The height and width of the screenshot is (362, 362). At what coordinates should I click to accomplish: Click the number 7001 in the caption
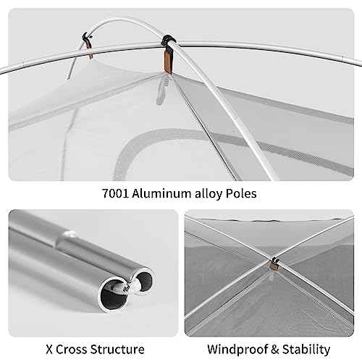point(115,193)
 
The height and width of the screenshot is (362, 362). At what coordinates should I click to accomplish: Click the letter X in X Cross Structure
point(49,350)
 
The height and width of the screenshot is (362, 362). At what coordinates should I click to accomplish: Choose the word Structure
point(117,350)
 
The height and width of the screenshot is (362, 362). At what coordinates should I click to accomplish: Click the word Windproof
point(237,350)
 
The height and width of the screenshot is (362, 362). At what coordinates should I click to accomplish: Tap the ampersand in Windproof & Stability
point(274,350)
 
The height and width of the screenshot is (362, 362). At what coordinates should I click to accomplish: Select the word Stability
point(306,350)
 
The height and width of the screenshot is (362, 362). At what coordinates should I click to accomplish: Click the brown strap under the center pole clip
point(168,61)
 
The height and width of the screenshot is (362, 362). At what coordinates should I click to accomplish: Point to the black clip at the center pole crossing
point(168,41)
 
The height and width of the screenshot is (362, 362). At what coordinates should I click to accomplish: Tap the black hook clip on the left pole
point(86,38)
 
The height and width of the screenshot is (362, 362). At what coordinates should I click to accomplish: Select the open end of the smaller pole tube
point(144,279)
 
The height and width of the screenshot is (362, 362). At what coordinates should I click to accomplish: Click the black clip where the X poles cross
point(274,261)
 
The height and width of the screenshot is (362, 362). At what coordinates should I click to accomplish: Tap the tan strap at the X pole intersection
point(273,266)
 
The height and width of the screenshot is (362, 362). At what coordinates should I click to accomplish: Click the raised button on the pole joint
point(71,233)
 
